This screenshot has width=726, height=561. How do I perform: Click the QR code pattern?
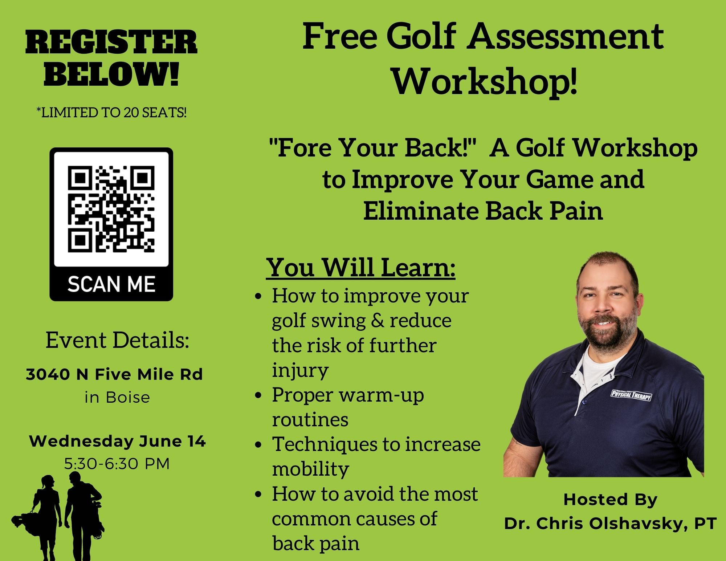pos(111,209)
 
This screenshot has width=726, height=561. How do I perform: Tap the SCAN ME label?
pos(111,284)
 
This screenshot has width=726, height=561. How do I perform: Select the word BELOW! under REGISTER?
pos(111,76)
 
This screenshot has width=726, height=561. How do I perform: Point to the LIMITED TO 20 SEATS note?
pos(111,113)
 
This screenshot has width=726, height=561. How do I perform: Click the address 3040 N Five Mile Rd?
pos(114,374)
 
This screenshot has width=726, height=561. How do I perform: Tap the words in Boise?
pos(117,397)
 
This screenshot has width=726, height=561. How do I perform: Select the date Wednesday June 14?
pos(117,442)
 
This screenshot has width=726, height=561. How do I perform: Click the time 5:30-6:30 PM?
pos(117,464)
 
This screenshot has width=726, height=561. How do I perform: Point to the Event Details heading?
pos(117,340)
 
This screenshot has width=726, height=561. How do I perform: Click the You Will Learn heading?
pos(361,268)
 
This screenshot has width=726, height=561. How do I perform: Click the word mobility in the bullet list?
pos(310,469)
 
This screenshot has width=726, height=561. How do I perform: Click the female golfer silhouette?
pos(44,516)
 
